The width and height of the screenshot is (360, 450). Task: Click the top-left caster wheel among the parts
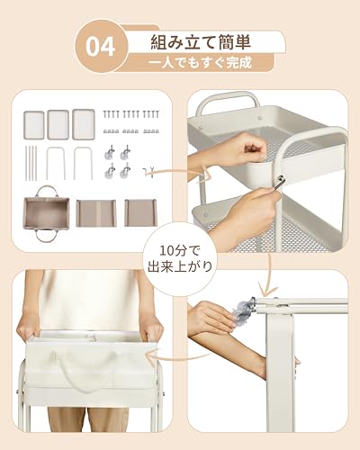[108, 152]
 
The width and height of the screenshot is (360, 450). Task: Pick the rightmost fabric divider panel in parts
[139, 213]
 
